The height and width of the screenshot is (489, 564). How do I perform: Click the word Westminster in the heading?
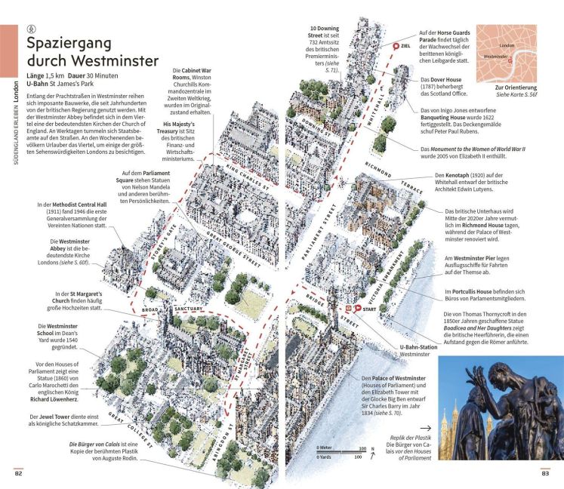click(111, 60)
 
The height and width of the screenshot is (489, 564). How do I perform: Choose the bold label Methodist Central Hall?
click(77, 205)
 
